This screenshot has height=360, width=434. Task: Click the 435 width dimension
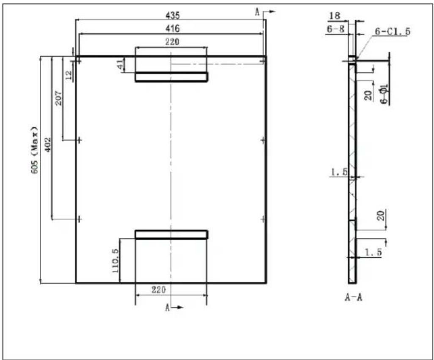(x=173, y=15)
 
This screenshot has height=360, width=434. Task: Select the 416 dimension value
(x=173, y=28)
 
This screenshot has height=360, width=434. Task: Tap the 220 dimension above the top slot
(x=172, y=42)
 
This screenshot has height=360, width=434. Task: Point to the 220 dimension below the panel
(x=159, y=290)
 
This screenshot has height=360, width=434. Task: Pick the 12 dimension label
(x=69, y=74)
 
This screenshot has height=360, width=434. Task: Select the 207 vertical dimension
(x=59, y=98)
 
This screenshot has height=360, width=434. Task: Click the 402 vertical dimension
(x=48, y=144)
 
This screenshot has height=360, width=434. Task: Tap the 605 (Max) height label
(x=35, y=150)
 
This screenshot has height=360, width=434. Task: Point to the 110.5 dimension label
(x=115, y=260)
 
